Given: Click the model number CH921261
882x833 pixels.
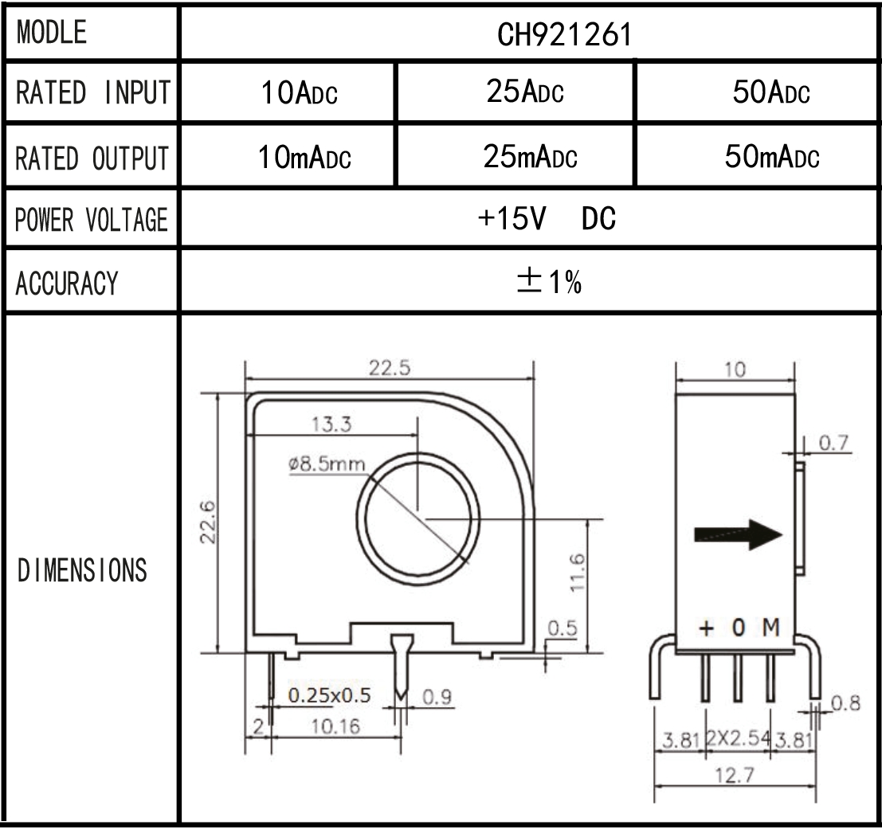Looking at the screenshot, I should [x=530, y=35].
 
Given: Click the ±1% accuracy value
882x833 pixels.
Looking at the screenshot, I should [x=550, y=280].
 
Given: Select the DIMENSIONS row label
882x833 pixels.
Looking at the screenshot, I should [x=82, y=570].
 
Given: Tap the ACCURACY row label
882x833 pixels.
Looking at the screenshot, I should [x=66, y=282].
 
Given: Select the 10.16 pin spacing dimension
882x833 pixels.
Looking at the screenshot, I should [x=335, y=726].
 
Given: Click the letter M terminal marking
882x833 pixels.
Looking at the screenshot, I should [x=770, y=628].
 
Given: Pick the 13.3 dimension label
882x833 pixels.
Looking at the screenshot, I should [x=332, y=424].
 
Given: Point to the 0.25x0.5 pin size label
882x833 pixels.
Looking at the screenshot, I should [x=329, y=695].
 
